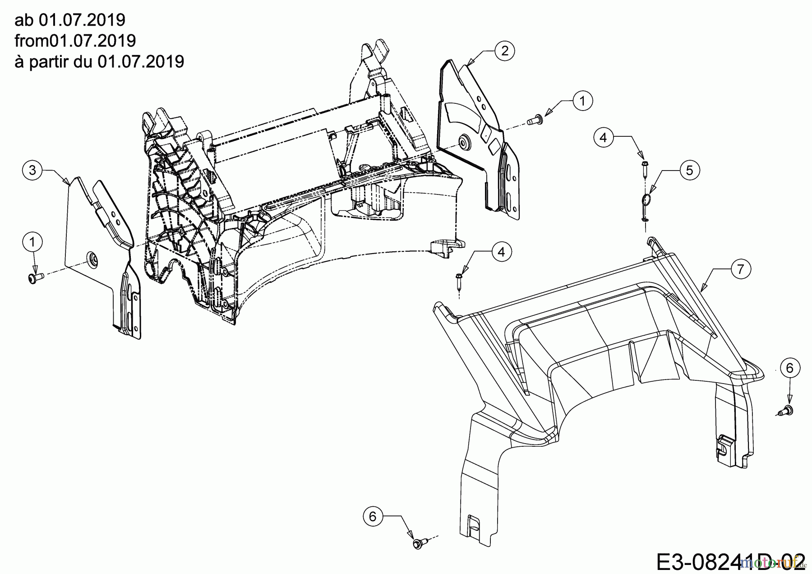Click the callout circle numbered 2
[x=504, y=50]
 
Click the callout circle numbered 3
[x=32, y=170]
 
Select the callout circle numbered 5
[x=689, y=170]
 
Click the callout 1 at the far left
[x=32, y=242]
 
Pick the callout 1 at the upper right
[x=582, y=101]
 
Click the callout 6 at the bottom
[x=373, y=516]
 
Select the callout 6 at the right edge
[x=789, y=368]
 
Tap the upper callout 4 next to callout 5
[x=604, y=137]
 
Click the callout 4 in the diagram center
[x=502, y=252]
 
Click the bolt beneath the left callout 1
[x=34, y=278]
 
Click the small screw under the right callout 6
[x=788, y=410]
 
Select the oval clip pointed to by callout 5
[x=646, y=200]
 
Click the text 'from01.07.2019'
[x=75, y=41]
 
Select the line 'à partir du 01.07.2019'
[x=99, y=61]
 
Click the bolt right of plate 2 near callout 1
[x=535, y=120]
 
